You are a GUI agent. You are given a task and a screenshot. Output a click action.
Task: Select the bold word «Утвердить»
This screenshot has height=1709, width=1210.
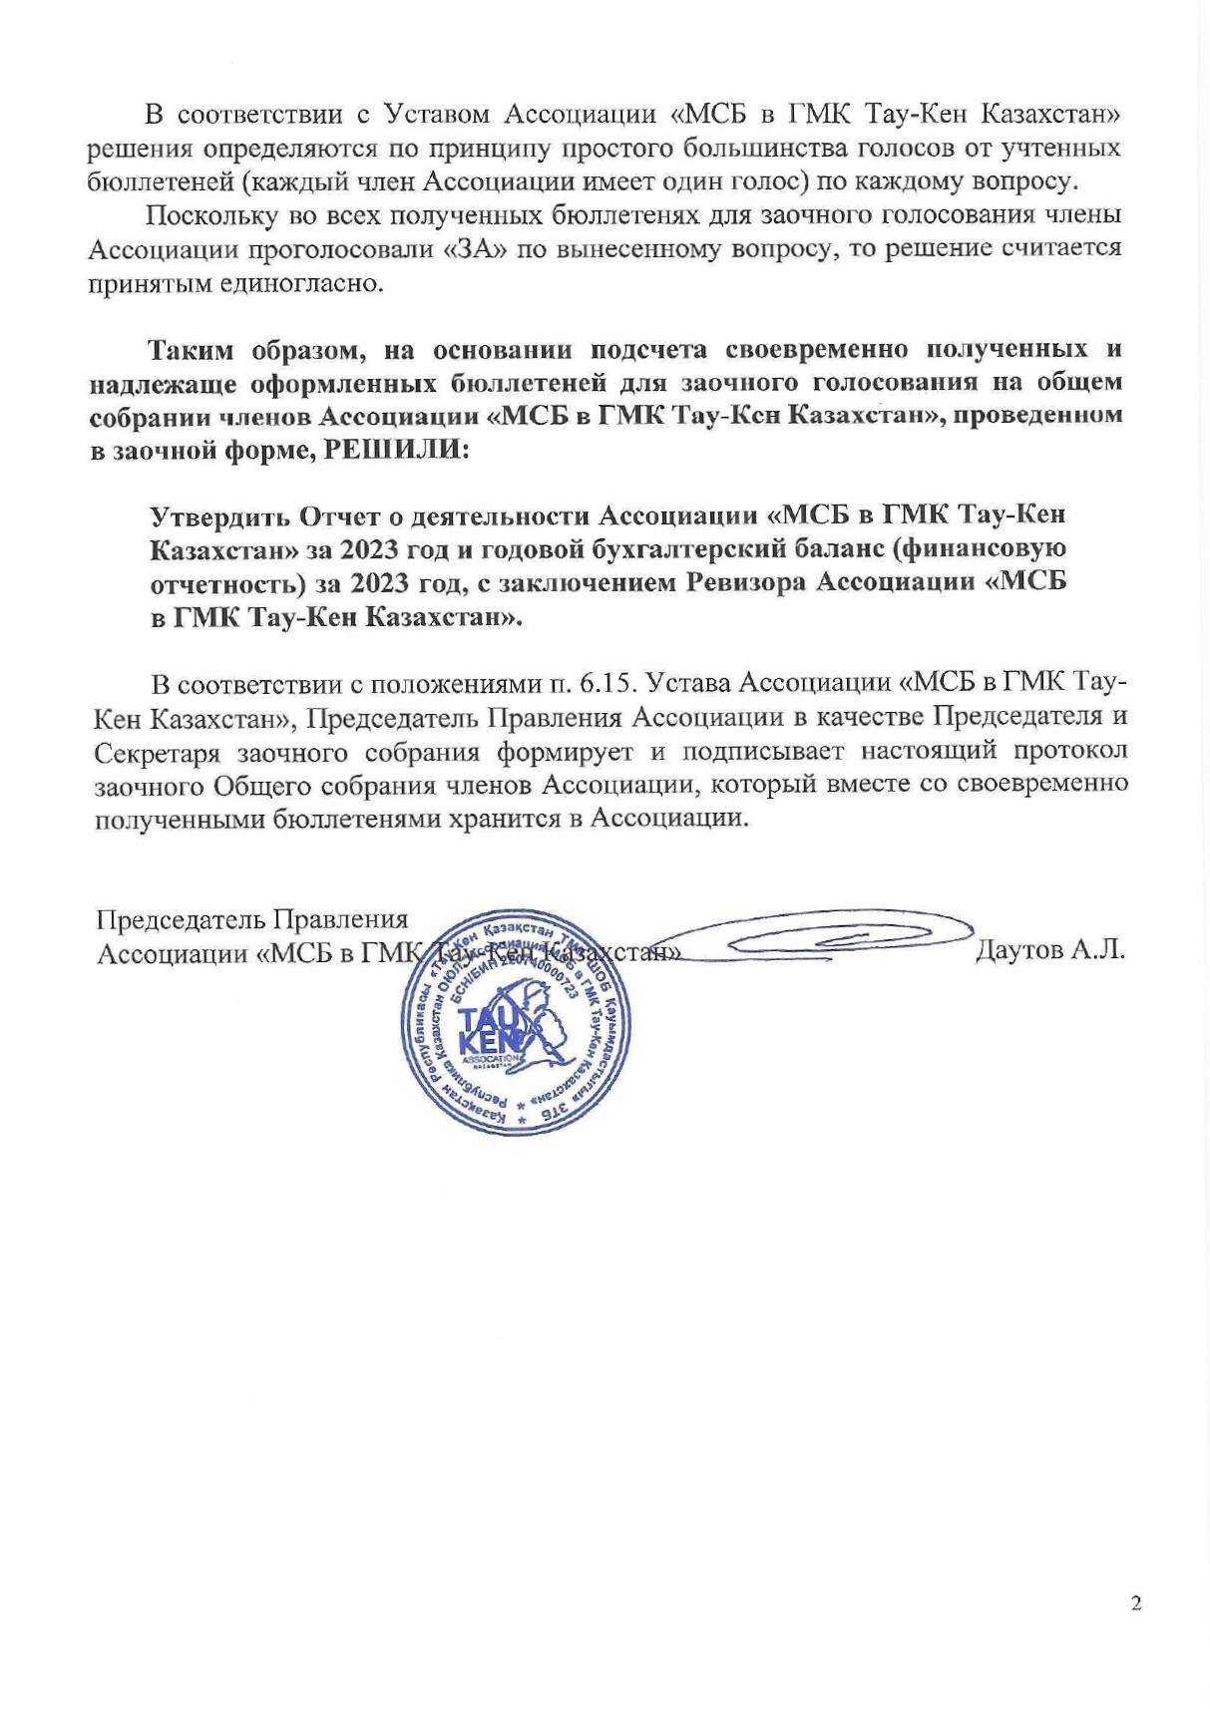(x=216, y=515)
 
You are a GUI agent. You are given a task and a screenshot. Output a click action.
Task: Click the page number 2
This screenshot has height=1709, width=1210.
(x=1136, y=1603)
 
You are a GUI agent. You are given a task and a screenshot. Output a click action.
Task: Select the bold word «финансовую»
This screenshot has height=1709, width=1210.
(x=1000, y=549)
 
